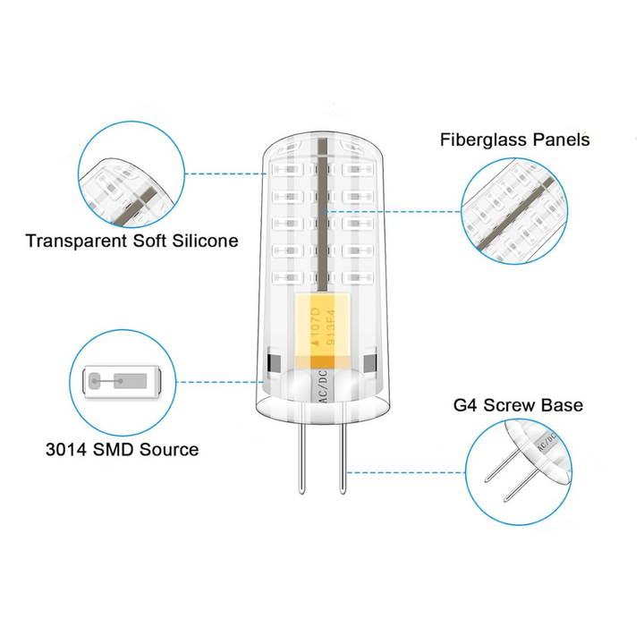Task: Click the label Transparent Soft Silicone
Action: click(132, 241)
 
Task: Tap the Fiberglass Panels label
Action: click(514, 140)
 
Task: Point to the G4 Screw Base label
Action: click(518, 405)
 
